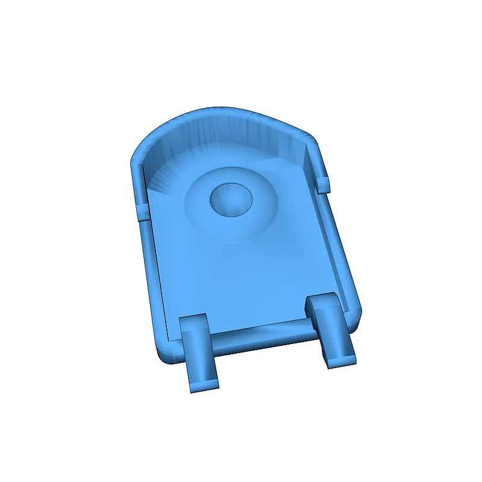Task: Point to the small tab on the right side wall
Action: [x=323, y=184]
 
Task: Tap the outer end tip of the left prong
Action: [x=204, y=384]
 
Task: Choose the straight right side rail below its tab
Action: [x=340, y=253]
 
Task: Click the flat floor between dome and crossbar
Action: [x=247, y=277]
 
